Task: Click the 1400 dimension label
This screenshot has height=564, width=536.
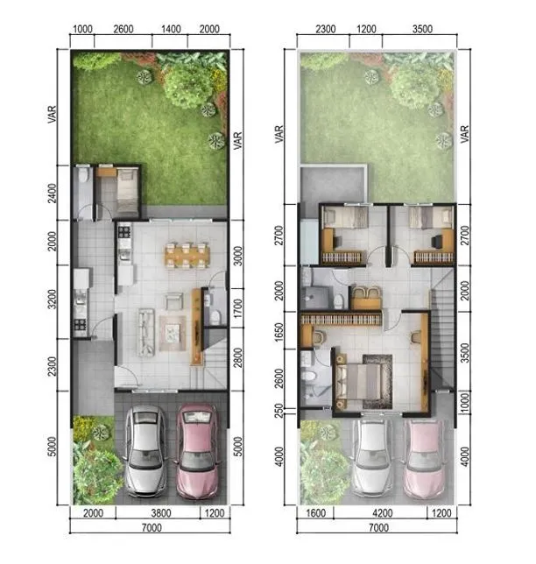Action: (171, 29)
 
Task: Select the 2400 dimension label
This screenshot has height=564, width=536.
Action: (53, 194)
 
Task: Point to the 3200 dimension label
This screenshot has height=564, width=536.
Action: (53, 299)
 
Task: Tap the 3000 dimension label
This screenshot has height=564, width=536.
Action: (237, 256)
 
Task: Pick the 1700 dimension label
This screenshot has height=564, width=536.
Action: (237, 308)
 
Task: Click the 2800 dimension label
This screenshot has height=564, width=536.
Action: (237, 357)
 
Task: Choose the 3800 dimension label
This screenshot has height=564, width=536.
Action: (161, 513)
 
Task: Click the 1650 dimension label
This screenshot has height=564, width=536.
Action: (279, 332)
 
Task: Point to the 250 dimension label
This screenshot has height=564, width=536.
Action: (279, 410)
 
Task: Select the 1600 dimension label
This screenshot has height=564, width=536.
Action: (316, 513)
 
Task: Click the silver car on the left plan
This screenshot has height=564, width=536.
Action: (145, 451)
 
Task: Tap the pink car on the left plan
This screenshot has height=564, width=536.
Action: (197, 451)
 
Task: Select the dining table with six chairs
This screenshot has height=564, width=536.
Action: (187, 256)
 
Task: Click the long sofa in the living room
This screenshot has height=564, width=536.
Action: (146, 332)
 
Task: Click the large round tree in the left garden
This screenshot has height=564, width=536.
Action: (187, 88)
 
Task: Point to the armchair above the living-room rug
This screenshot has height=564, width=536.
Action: (174, 300)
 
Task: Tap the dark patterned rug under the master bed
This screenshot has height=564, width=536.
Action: (377, 382)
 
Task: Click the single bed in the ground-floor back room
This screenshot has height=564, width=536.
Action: (127, 191)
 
